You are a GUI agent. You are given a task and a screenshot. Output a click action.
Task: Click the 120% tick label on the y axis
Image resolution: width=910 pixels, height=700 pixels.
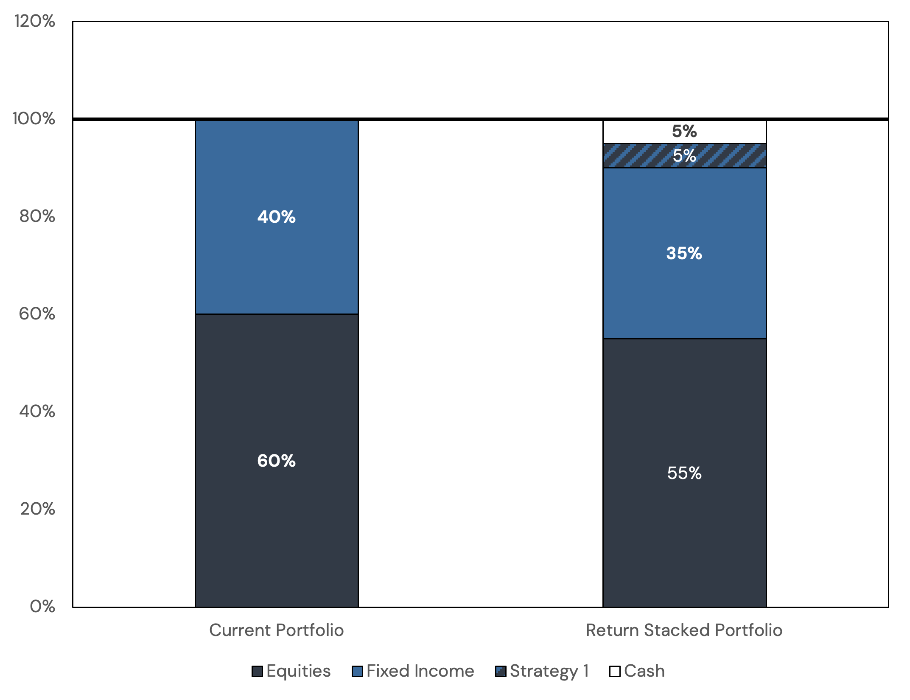coord(35,21)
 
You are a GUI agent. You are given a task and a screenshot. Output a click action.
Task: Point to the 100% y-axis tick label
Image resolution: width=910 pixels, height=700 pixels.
coord(34,119)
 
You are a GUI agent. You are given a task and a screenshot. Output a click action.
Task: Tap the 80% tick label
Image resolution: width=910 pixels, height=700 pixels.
coord(37,216)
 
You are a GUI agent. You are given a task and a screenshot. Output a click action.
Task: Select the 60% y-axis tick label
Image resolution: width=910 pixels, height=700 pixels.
coord(37,314)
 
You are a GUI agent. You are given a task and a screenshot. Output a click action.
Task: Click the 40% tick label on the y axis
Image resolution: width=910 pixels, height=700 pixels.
coord(37,412)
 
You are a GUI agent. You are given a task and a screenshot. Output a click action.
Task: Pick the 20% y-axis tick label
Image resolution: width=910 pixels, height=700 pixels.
coord(37,509)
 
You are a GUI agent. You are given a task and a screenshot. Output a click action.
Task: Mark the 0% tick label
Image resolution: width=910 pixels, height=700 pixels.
coord(42,607)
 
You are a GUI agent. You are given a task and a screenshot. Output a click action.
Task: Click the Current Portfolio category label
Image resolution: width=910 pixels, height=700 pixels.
coord(276,630)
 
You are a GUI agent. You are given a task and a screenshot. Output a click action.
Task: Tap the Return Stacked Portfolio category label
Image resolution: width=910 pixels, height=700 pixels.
coord(684,630)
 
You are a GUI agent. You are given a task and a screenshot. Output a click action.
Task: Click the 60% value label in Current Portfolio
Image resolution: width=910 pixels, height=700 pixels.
coord(276,461)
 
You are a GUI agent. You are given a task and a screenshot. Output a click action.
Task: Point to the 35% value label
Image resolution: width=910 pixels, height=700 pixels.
coord(684,254)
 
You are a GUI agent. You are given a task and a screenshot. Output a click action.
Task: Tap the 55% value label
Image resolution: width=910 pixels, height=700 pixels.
coord(684,473)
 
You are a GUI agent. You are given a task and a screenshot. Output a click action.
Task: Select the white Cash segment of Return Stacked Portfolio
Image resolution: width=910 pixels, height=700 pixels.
coord(636,132)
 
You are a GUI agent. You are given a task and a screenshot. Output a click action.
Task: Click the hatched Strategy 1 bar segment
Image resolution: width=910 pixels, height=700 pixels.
coord(636,156)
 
